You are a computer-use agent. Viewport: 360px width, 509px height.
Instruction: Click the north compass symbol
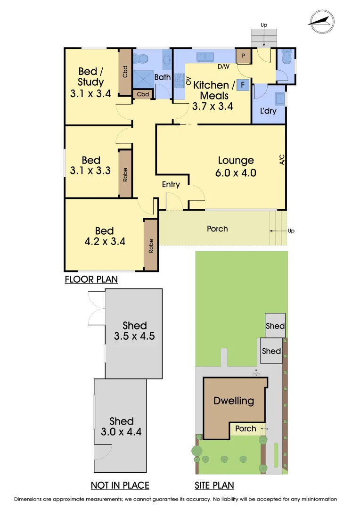[x=321, y=20]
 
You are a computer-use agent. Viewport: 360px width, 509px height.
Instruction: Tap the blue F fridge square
[x=243, y=85]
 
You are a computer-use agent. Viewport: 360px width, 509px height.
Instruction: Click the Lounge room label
[x=236, y=161]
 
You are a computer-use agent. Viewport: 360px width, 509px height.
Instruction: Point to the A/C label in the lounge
[x=282, y=160]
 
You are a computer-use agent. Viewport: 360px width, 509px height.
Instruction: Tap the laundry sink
[x=280, y=99]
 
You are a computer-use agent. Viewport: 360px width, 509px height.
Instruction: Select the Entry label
[x=171, y=184]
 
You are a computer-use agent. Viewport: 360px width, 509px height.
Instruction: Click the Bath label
[x=163, y=77]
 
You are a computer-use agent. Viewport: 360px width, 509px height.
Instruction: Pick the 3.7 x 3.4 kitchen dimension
[x=213, y=107]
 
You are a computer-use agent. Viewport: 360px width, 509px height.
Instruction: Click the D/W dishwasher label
[x=223, y=66]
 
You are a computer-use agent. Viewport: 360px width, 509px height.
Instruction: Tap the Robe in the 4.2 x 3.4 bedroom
[x=151, y=245]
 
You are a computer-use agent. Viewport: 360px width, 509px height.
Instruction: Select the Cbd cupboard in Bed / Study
[x=125, y=72]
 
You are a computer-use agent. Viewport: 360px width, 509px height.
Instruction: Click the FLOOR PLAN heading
[x=91, y=280]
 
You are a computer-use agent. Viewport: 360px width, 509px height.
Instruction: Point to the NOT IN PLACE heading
[x=120, y=485]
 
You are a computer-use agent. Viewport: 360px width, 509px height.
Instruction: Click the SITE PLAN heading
[x=214, y=485]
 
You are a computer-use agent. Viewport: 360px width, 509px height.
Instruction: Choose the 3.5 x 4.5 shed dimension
[x=134, y=337]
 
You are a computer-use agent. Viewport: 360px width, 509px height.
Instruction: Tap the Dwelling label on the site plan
[x=234, y=401]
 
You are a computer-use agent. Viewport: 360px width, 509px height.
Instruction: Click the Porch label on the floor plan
[x=217, y=229]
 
